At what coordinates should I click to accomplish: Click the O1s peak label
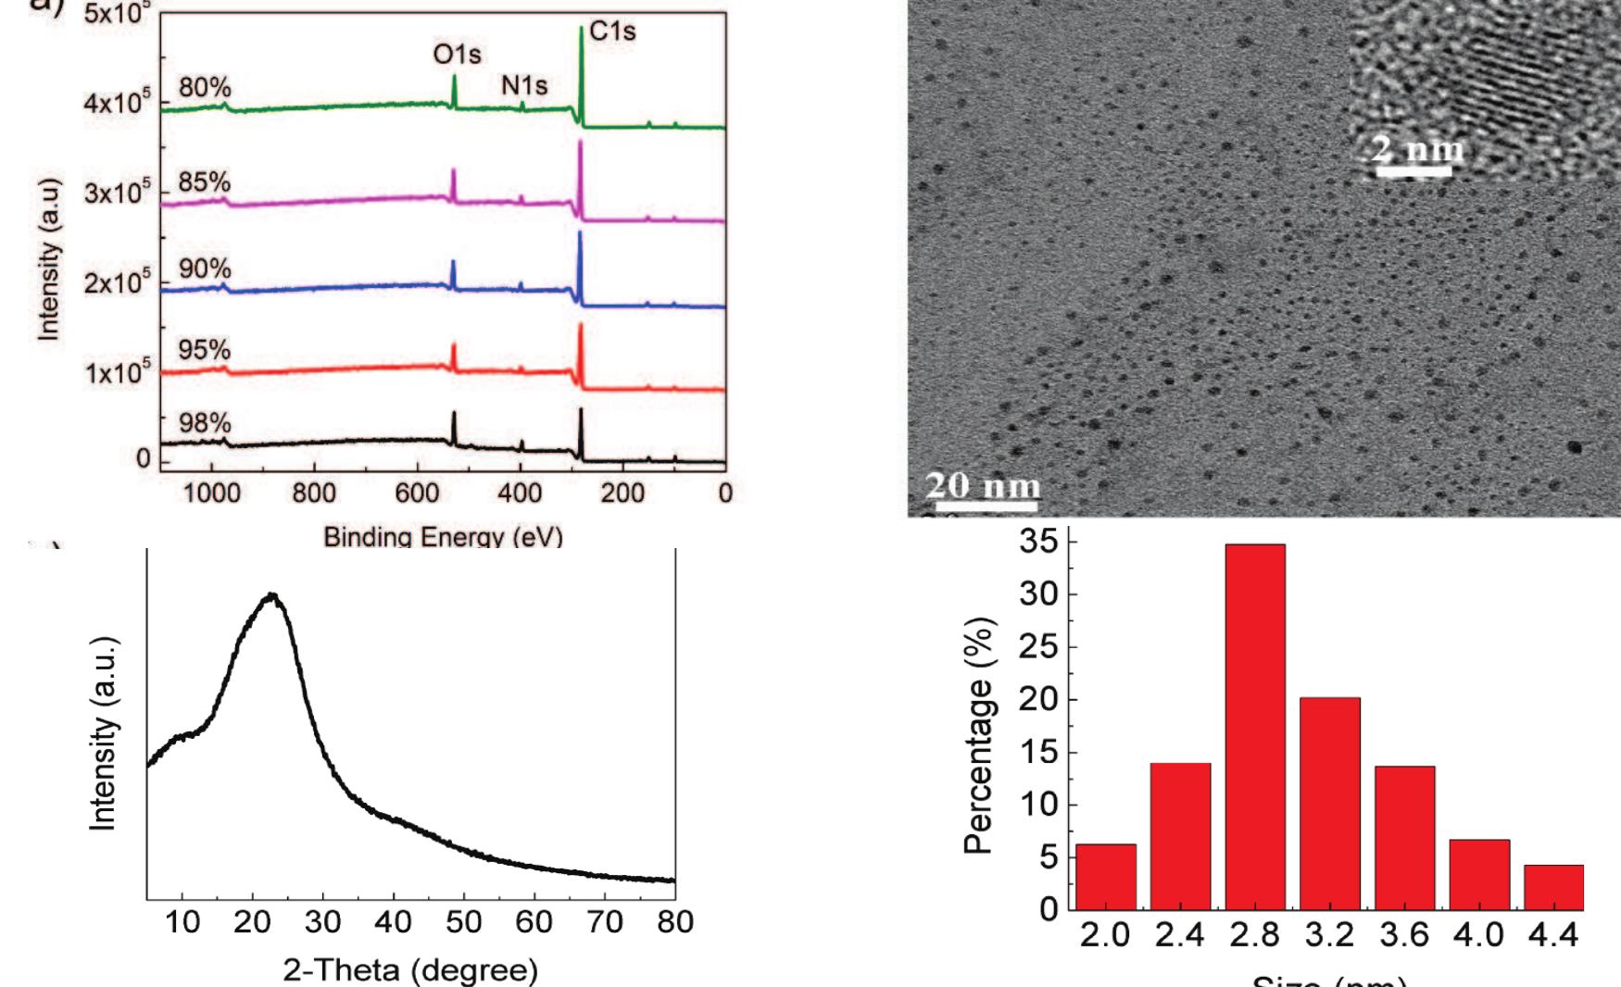click(x=458, y=55)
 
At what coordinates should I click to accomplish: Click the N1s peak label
click(x=524, y=86)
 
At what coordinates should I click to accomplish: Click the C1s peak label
click(x=612, y=31)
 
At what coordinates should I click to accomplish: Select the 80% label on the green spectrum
click(x=205, y=88)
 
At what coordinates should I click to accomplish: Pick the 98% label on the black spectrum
click(x=205, y=423)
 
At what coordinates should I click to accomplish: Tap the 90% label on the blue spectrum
click(x=205, y=269)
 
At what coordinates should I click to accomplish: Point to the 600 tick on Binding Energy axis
click(x=417, y=493)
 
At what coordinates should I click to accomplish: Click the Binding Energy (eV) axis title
click(x=443, y=537)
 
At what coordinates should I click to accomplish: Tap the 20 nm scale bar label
click(x=984, y=485)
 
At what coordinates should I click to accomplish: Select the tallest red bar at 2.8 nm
click(x=1254, y=727)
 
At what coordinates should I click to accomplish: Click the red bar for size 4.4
click(x=1553, y=887)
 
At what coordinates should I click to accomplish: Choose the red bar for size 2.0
click(x=1105, y=876)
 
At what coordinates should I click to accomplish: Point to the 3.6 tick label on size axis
click(x=1404, y=935)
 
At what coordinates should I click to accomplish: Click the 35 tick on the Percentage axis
click(x=1038, y=541)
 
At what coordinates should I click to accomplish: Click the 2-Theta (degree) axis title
click(x=410, y=970)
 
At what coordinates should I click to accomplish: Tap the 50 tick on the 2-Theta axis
click(x=464, y=922)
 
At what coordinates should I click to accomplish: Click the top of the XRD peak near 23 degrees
click(x=272, y=595)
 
